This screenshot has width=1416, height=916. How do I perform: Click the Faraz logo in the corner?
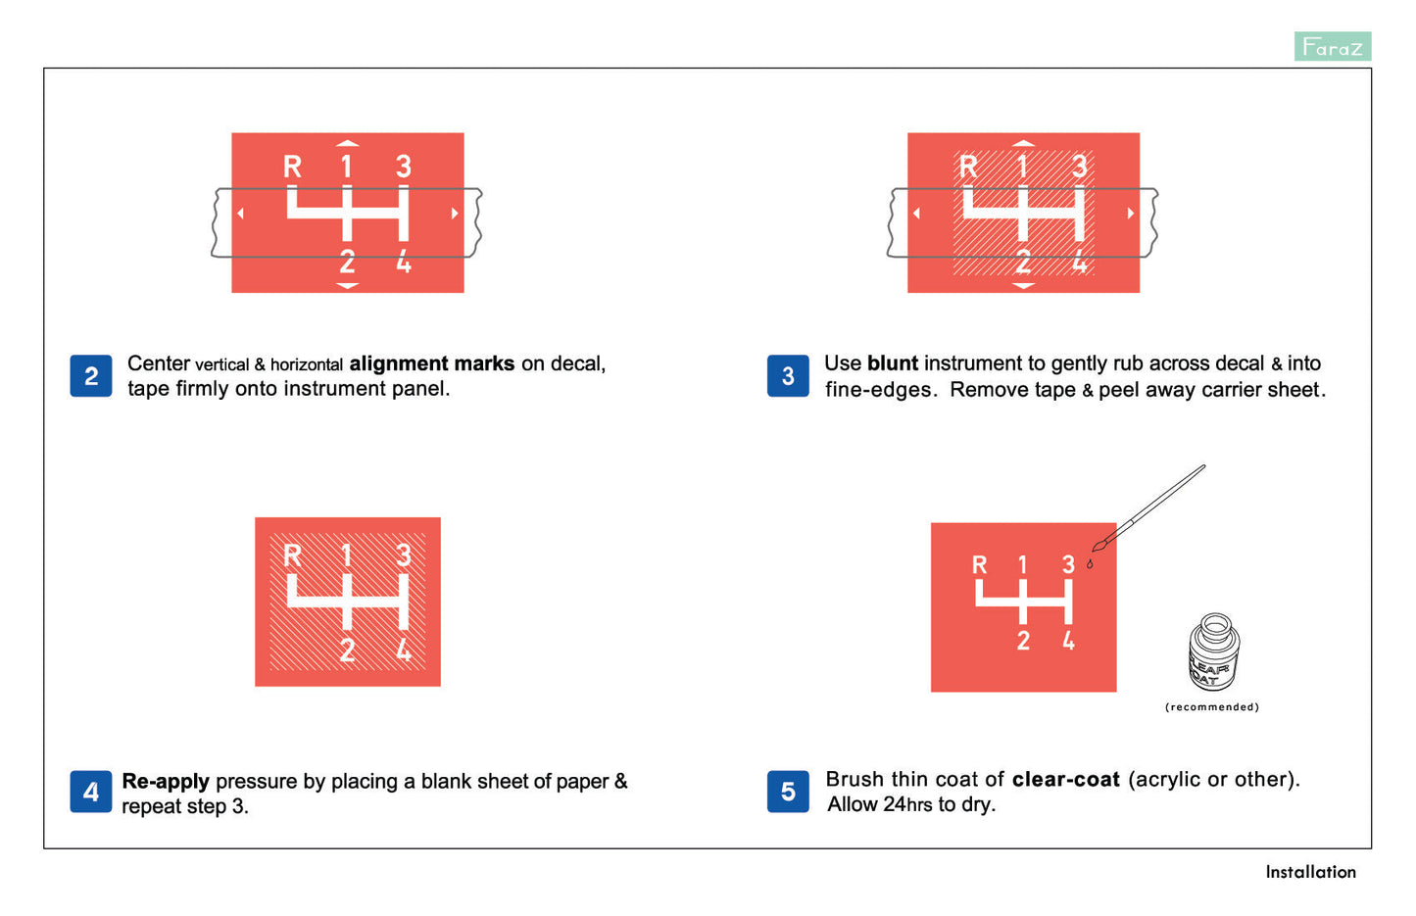[x=1333, y=46]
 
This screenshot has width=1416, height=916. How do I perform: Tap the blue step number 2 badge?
[x=91, y=375]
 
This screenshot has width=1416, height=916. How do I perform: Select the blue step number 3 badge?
[x=788, y=375]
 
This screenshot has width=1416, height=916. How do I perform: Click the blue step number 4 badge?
[x=91, y=791]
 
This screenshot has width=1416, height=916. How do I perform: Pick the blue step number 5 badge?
[x=788, y=791]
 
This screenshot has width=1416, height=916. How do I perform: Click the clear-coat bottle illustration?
[x=1214, y=651]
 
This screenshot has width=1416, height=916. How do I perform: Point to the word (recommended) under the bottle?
[x=1212, y=706]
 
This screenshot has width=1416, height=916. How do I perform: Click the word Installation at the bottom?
[x=1310, y=872]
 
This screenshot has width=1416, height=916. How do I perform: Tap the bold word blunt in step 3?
[x=893, y=363]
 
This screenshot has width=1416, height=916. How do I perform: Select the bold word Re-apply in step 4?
[x=166, y=782]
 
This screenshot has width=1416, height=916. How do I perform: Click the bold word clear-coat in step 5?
[x=1066, y=780]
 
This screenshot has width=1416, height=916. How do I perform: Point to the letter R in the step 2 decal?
[x=292, y=167]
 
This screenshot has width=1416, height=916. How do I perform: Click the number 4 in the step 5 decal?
[x=1068, y=641]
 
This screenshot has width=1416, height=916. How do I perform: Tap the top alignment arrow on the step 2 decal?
[x=347, y=143]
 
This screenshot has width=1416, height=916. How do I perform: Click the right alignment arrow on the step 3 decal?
[x=1130, y=214]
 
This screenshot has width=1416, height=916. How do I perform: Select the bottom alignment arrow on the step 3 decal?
[x=1023, y=286]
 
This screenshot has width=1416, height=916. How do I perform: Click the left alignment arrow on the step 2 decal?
[x=240, y=214]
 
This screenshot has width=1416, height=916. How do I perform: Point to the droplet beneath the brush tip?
[x=1090, y=564]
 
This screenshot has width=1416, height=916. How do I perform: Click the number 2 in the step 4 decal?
[x=347, y=650]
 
